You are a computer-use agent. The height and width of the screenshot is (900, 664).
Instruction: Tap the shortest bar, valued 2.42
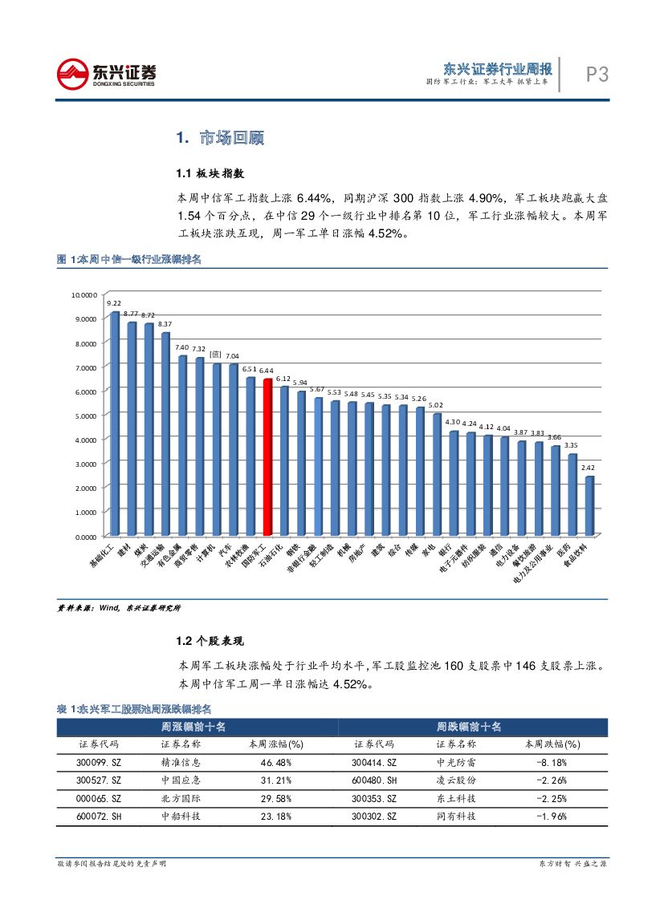589,505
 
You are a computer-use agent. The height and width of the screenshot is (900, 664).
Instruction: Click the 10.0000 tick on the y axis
84,294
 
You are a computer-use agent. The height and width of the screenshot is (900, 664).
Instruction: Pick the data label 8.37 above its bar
165,323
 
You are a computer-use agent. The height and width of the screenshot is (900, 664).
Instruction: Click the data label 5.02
437,405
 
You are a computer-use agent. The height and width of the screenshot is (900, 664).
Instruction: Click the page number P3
597,75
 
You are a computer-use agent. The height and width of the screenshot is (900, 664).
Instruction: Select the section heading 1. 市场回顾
220,138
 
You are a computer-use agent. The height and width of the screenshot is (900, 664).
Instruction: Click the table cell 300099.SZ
99,762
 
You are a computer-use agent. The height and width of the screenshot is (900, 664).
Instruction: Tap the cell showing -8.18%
552,762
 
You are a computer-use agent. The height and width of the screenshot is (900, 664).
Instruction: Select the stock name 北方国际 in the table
181,798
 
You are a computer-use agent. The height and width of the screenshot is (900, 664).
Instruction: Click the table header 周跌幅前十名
469,726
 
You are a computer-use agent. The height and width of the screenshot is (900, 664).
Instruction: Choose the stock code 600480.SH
374,780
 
